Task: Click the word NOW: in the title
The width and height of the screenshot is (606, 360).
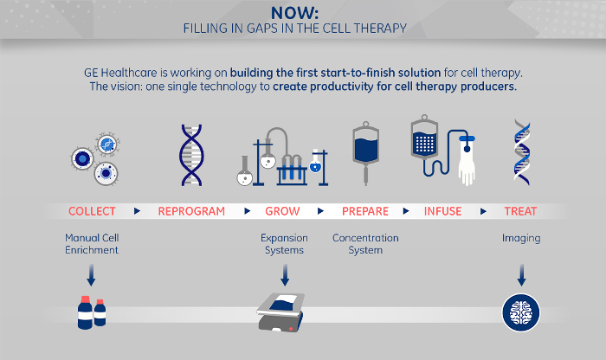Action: (x=294, y=13)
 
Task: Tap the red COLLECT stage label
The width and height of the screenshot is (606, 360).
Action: (x=92, y=211)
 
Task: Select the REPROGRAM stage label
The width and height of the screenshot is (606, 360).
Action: (x=191, y=211)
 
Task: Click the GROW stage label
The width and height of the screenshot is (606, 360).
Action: (x=282, y=211)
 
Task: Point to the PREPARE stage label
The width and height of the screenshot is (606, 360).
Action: (x=365, y=211)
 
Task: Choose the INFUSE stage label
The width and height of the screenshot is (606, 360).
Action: (x=443, y=211)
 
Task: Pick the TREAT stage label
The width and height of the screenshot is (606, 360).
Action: (x=520, y=211)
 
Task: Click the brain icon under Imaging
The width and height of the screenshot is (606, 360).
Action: (x=521, y=313)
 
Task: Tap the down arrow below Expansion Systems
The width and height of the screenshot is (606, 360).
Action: (x=285, y=275)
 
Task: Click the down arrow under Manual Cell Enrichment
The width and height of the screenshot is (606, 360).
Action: (x=91, y=275)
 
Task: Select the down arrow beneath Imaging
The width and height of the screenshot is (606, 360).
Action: (x=521, y=275)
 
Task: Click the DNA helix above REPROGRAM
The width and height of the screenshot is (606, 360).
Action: (x=191, y=155)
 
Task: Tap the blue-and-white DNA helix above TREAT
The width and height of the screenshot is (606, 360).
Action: (x=522, y=152)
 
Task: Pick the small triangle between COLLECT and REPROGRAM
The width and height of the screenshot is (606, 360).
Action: (x=137, y=211)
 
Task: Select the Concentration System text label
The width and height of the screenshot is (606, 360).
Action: (x=365, y=244)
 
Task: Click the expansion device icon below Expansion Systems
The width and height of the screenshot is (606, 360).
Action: (x=281, y=312)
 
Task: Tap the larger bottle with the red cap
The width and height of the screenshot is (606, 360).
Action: (x=85, y=313)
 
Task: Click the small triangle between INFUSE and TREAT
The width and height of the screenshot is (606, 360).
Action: (x=483, y=211)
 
